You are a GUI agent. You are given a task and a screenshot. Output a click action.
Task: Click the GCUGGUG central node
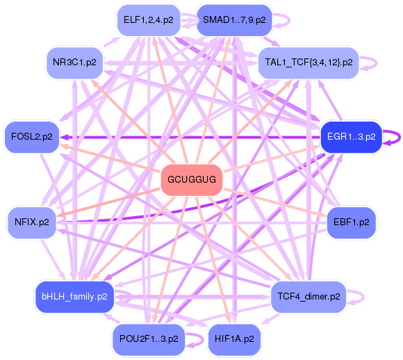[x=192, y=181]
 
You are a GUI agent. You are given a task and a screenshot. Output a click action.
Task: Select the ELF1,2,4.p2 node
[x=148, y=19]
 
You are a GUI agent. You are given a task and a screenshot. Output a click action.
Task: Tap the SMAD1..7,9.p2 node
[x=234, y=19]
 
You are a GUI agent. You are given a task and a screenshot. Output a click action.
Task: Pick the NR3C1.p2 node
[x=74, y=63]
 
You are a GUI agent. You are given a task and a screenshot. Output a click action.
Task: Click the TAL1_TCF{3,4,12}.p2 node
[x=309, y=63]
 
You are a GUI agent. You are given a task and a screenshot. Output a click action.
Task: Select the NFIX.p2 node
[x=32, y=222]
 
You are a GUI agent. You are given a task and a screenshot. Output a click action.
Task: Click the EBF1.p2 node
[x=351, y=222]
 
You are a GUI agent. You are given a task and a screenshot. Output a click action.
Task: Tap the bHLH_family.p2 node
[x=74, y=297]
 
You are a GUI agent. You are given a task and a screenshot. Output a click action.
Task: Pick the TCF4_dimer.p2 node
[x=309, y=297]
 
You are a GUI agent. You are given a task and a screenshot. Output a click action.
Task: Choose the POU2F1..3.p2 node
[x=148, y=340]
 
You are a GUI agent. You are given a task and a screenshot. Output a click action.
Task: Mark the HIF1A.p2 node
[x=234, y=340]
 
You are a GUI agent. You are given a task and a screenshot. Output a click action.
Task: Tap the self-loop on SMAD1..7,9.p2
[x=287, y=19]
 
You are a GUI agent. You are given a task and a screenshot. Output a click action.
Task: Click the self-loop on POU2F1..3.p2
[x=195, y=340]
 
